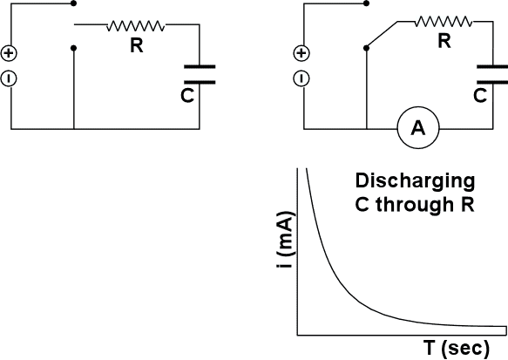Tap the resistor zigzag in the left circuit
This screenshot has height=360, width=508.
pyautogui.click(x=135, y=26)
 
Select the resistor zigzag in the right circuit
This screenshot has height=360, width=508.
pyautogui.click(x=444, y=22)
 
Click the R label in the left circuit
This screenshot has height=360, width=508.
pyautogui.click(x=137, y=45)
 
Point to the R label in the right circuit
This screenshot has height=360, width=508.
pyautogui.click(x=444, y=41)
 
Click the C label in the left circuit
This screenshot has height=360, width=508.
pyautogui.click(x=187, y=96)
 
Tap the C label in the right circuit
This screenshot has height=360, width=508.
pyautogui.click(x=480, y=96)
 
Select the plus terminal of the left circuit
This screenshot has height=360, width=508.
pyautogui.click(x=9, y=53)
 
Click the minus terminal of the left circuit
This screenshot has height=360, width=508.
pyautogui.click(x=9, y=78)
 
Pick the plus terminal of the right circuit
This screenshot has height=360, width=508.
pyautogui.click(x=301, y=53)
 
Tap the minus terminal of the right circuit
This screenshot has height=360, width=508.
pyautogui.click(x=301, y=78)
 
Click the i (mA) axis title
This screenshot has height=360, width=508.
pyautogui.click(x=286, y=240)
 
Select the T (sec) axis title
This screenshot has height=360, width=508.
pyautogui.click(x=457, y=349)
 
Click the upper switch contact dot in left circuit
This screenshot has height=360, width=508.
pyautogui.click(x=74, y=3)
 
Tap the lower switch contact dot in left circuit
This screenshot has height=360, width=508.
pyautogui.click(x=74, y=48)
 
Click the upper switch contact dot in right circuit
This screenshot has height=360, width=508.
pyautogui.click(x=367, y=3)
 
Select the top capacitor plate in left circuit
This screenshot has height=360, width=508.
pyautogui.click(x=200, y=67)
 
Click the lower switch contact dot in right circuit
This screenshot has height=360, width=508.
pyautogui.click(x=367, y=48)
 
